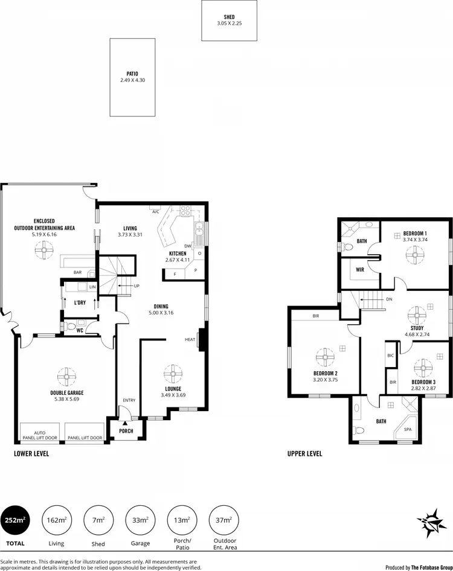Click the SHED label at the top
tap(229, 18)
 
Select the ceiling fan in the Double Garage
tap(65, 376)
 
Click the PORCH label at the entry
tap(126, 430)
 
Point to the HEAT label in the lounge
tap(189, 340)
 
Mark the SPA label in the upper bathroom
tap(408, 430)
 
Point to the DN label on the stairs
tap(390, 299)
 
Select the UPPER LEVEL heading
tap(304, 453)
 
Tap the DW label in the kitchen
tap(188, 246)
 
